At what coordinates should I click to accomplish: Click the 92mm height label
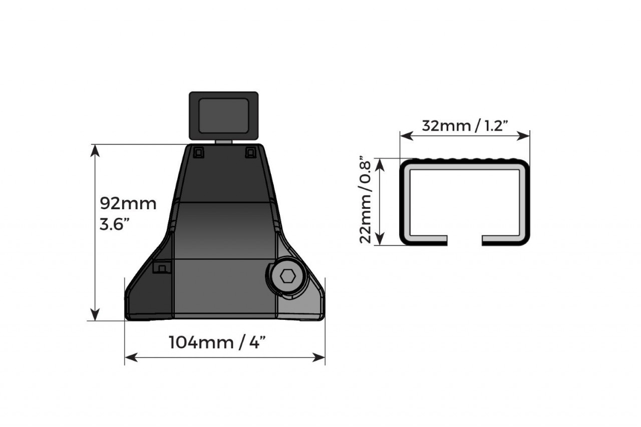point(128,204)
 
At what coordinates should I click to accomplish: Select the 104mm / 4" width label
point(216,343)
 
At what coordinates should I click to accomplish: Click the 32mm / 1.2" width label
point(465,125)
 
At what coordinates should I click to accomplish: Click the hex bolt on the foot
point(287,276)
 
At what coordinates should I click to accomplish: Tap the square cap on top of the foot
point(223,115)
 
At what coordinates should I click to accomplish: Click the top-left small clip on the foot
point(199,152)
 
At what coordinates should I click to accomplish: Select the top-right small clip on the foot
point(250,152)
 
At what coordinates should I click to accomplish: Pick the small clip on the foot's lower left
point(161,268)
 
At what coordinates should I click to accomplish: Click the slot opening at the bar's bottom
point(465,241)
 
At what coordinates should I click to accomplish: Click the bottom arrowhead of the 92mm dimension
point(94,315)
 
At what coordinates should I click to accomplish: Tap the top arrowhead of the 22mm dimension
point(381,163)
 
